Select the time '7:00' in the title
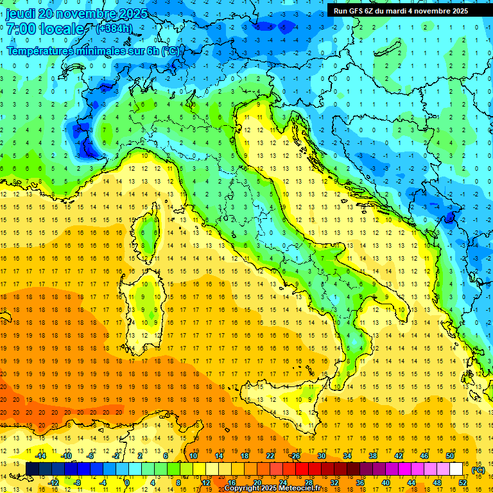pos(20,30)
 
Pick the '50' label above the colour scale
pos(449,456)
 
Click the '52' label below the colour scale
pos(462,482)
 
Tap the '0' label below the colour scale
pos(127,482)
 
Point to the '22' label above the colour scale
pos(270,456)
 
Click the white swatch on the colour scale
pos(456,469)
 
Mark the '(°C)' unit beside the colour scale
pos(478,470)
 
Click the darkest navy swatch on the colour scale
pos(32,469)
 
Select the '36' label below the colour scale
pos(359,482)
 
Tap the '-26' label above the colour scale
pos(295,456)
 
